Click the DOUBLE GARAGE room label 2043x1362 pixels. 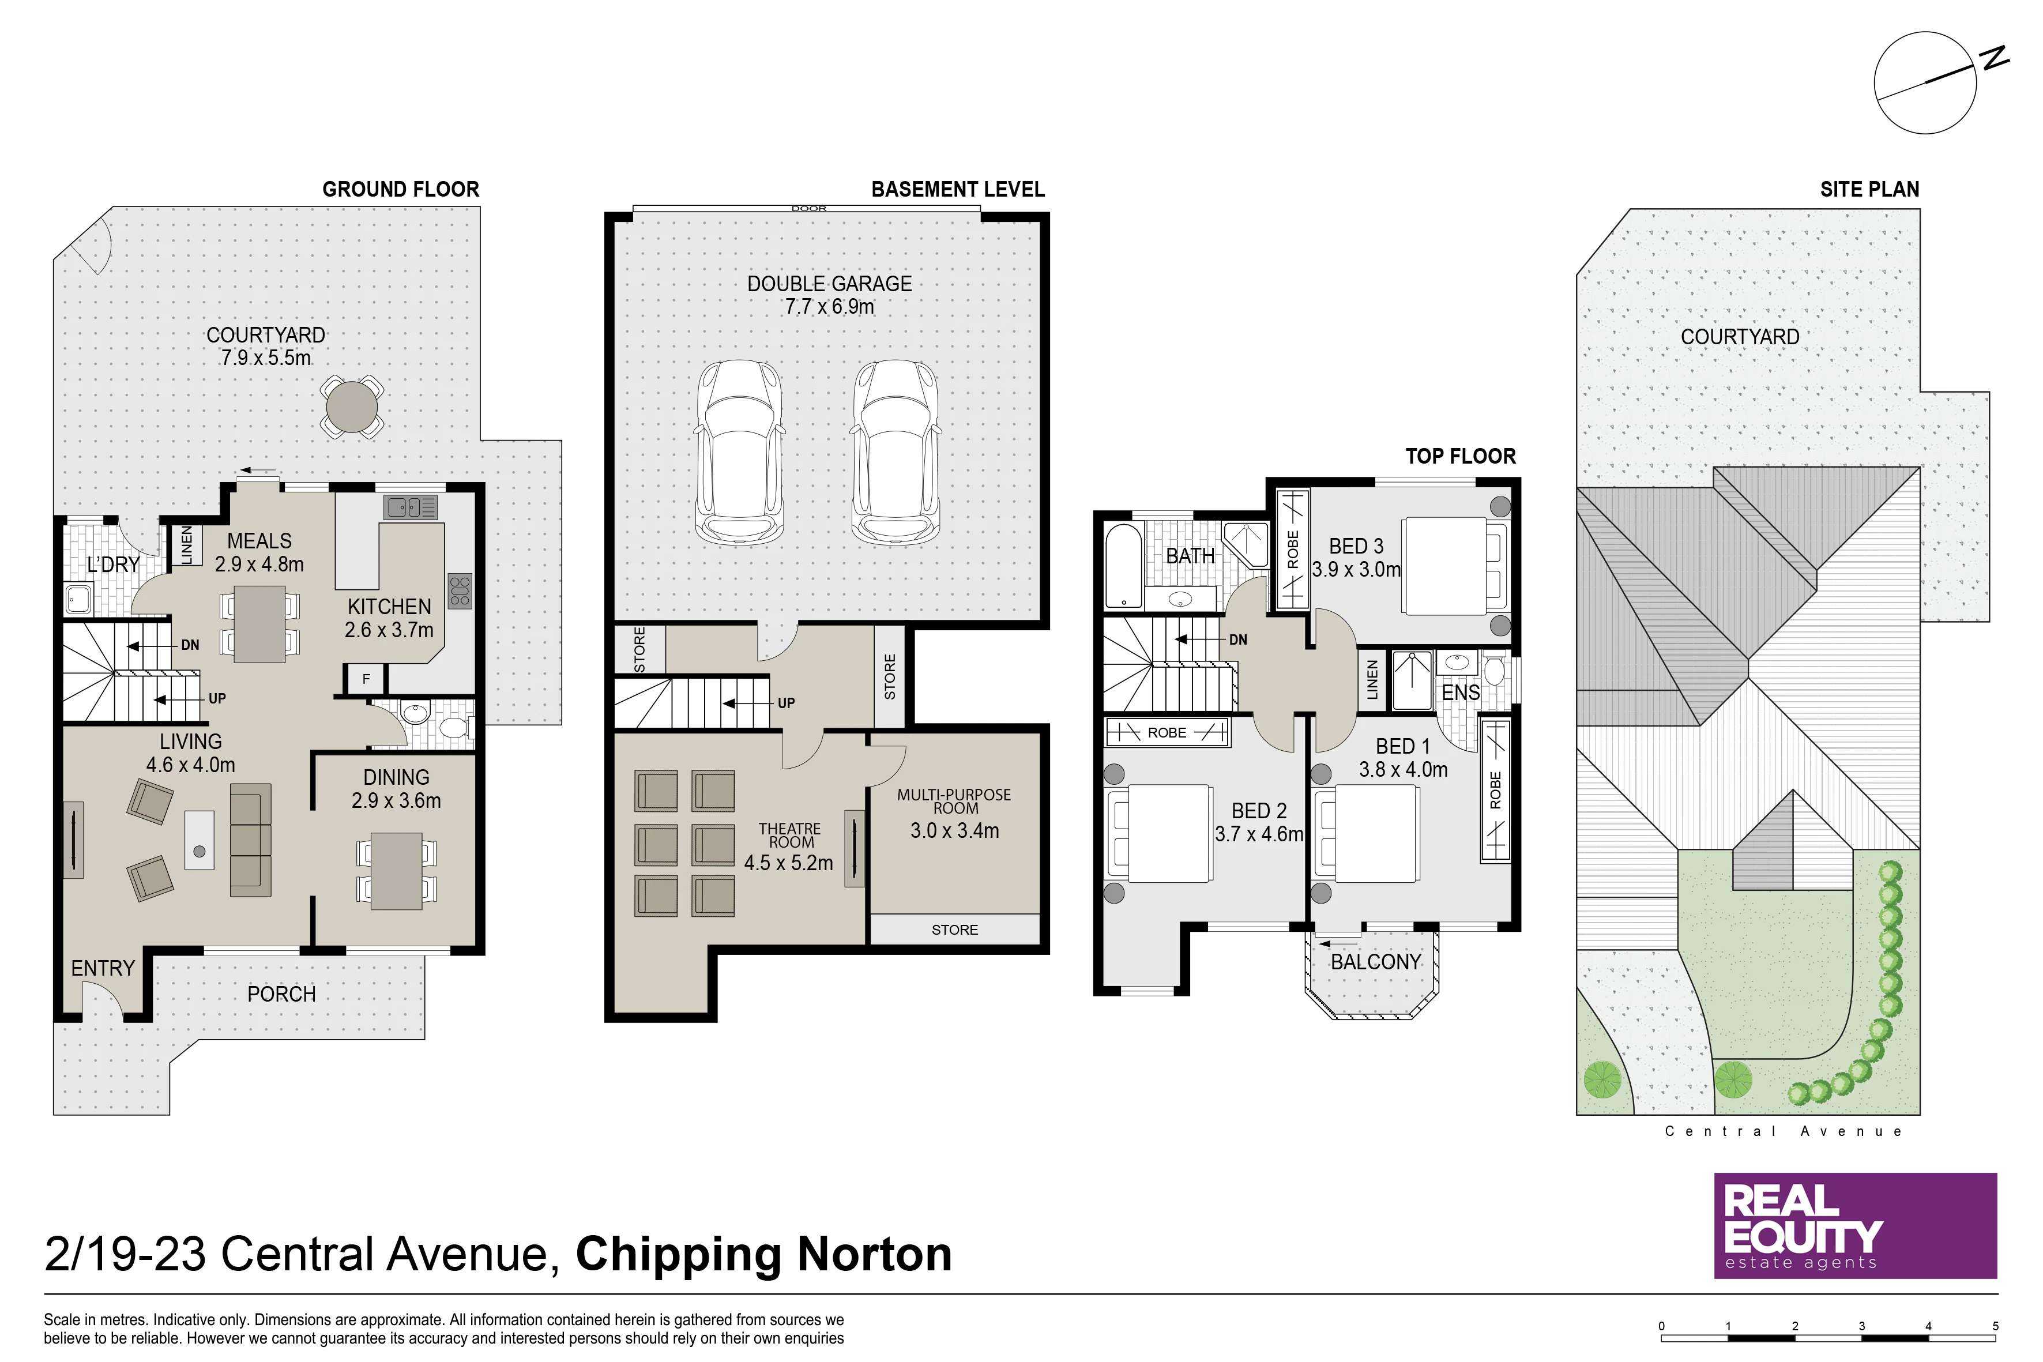tap(830, 284)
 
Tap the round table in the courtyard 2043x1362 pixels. tap(352, 405)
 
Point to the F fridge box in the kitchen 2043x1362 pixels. tap(366, 678)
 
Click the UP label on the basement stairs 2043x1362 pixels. tap(786, 703)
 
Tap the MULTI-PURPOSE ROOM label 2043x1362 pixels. tap(955, 801)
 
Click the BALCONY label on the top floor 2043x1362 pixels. tap(1376, 962)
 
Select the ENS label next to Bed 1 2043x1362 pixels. tap(1461, 693)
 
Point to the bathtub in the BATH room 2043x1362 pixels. tap(1123, 565)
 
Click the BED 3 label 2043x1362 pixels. tap(1356, 547)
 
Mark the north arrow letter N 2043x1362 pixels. tap(1995, 58)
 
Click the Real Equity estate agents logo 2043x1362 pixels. tap(1856, 1225)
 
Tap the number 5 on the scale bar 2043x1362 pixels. tap(1995, 1326)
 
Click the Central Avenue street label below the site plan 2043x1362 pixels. tap(1784, 1131)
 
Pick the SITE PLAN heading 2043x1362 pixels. tap(1869, 189)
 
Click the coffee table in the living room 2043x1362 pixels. tap(199, 840)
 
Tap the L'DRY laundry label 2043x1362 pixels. tap(113, 565)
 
